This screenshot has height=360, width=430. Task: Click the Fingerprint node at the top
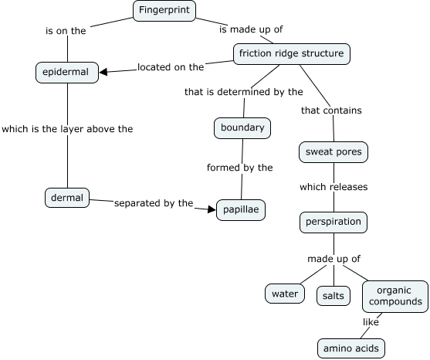(164, 11)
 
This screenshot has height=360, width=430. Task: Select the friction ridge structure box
(292, 53)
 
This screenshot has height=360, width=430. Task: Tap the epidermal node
(66, 73)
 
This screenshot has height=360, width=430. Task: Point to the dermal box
(67, 197)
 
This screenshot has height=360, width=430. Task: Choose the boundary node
(242, 127)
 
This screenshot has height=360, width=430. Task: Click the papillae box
(241, 209)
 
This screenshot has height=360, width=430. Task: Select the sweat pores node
(333, 151)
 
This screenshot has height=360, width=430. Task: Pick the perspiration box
(333, 222)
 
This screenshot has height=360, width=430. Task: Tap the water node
(284, 294)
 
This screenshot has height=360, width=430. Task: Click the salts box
(333, 294)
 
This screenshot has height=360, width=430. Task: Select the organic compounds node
(395, 296)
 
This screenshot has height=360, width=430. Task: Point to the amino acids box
(351, 349)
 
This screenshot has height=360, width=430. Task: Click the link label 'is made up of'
(251, 29)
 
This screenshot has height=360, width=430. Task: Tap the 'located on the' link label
(171, 67)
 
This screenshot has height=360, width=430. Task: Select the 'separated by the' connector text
(154, 203)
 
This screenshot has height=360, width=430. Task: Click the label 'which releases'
(334, 186)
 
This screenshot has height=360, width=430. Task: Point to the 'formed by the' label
(239, 167)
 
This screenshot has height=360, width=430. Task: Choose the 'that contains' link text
(331, 110)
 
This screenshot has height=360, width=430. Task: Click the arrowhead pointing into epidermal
(103, 72)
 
